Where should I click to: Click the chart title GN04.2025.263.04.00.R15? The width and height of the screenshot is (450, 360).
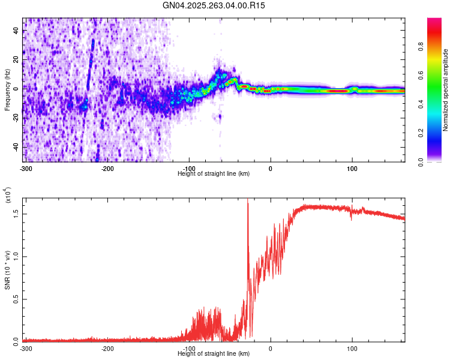pos(214,5)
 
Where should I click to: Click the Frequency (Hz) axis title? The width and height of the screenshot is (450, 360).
pos(7,90)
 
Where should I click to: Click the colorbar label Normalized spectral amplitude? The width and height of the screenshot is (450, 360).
pos(446,90)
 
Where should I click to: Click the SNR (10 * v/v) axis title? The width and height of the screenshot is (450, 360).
pos(7,270)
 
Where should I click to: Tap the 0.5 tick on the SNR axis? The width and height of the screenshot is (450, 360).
pos(16,299)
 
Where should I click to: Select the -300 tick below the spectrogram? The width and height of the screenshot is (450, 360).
pos(25,169)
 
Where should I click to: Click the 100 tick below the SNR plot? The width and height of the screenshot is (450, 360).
pos(352,349)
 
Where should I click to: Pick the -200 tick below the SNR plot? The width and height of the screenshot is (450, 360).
pos(107,349)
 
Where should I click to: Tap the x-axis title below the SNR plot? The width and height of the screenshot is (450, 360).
pos(214,354)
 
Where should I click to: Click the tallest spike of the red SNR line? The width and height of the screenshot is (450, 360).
pos(248,200)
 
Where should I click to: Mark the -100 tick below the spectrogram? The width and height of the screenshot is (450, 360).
pos(189,169)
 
